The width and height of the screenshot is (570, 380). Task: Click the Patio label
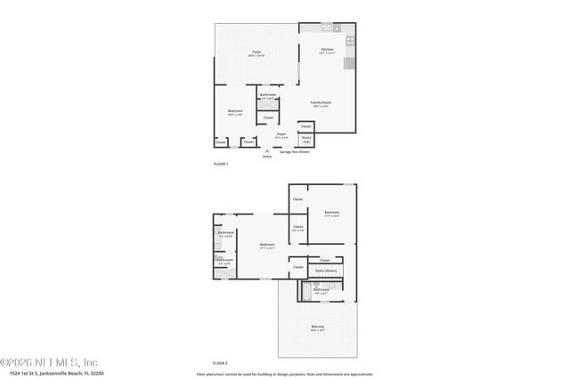point(256,53)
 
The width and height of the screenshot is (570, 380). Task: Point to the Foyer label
point(281,135)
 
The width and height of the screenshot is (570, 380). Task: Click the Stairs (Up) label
point(306,140)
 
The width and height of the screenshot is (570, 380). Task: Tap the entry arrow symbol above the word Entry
point(266,151)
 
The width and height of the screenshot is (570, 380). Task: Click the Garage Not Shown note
point(297,152)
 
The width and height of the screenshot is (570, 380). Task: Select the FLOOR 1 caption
point(221,165)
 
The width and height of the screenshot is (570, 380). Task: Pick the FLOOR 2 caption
point(220,363)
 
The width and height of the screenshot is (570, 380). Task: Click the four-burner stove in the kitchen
point(350,40)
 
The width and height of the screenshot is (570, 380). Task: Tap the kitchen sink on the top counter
point(327,28)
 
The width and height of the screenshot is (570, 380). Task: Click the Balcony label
point(318,327)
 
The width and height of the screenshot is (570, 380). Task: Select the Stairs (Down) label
point(326,270)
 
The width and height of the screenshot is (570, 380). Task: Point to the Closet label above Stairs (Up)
point(305,126)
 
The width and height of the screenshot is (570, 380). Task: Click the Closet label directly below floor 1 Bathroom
point(268,117)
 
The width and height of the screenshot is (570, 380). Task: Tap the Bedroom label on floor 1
point(235,112)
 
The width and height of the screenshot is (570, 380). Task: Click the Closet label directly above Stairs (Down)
point(324,260)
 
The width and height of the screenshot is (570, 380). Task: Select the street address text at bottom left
point(42,374)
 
